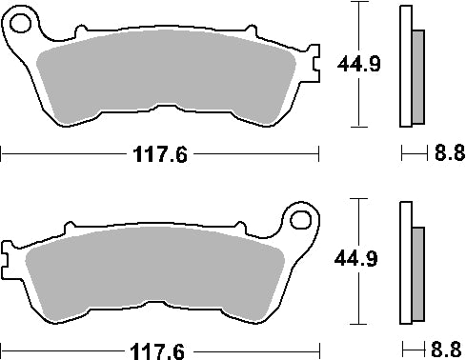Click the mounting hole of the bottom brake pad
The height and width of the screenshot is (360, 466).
point(304,224)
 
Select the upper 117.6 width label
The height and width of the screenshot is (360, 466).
point(158,153)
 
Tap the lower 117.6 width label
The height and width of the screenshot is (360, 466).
point(158,350)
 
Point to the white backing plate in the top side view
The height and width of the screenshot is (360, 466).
point(405,67)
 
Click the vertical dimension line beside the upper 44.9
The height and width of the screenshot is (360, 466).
point(357,105)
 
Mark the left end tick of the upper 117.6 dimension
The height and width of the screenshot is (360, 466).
point(2,152)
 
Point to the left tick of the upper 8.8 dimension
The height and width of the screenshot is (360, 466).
point(401,152)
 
